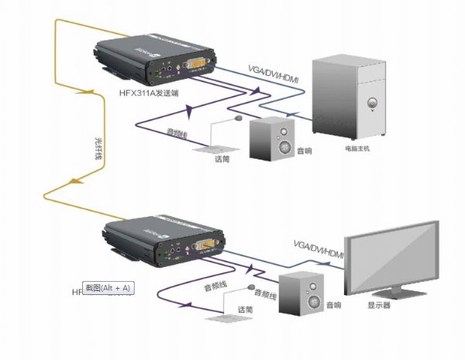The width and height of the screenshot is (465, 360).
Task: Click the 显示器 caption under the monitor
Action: tap(380, 305)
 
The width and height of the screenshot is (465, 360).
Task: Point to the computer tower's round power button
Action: tap(373, 101)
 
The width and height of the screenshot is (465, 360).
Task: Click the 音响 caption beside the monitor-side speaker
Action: tap(334, 305)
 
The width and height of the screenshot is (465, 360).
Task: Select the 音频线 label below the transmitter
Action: tap(179, 134)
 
